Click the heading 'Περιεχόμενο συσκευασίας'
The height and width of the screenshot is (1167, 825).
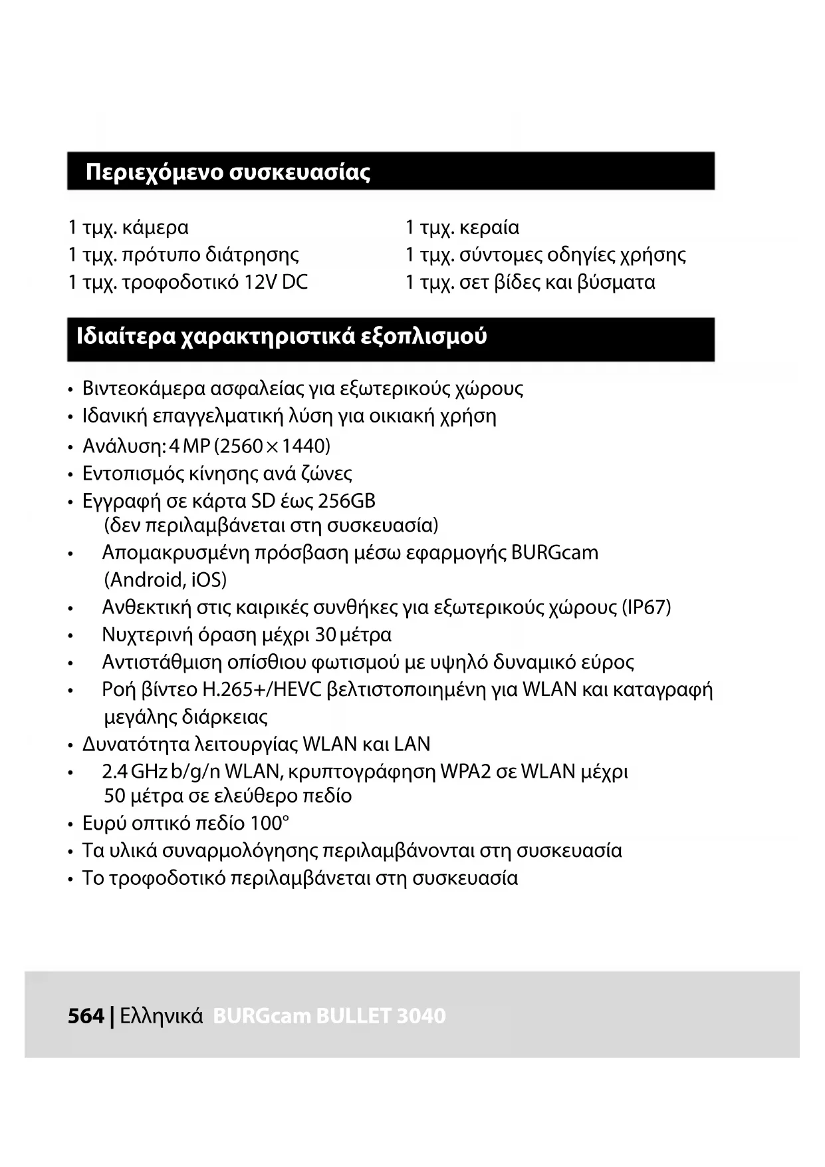[x=227, y=172]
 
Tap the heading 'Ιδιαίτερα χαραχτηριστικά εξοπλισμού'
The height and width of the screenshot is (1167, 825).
[x=281, y=337]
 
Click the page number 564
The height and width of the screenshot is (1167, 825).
[x=86, y=1016]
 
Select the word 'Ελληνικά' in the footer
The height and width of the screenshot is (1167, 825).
[x=162, y=1016]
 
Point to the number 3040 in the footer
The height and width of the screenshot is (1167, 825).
[x=421, y=1016]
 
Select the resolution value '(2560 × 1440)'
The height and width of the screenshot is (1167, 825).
[x=273, y=446]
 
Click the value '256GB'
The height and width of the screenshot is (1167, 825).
[x=346, y=500]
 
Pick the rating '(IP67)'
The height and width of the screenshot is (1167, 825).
[x=646, y=607]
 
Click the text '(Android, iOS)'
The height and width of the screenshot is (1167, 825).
[x=166, y=580]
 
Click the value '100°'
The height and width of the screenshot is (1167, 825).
[x=269, y=824]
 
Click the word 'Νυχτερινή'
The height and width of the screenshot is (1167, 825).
[x=147, y=635]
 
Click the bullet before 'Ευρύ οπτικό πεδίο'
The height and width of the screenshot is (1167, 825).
[x=70, y=825]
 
